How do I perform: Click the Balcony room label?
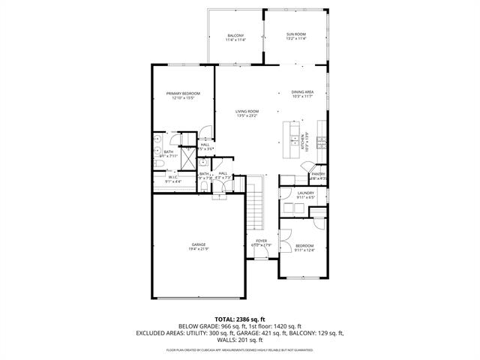[235, 36]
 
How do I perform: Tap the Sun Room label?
[296, 34]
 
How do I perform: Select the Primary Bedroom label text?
[183, 93]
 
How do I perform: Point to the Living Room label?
[247, 111]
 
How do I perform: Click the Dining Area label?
[302, 91]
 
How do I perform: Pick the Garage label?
[198, 244]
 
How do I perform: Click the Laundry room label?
[305, 193]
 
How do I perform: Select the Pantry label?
[319, 174]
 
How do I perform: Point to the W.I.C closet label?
[172, 177]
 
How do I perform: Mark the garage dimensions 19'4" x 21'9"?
[198, 249]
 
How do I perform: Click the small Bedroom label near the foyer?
[304, 246]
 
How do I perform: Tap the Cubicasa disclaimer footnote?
[240, 349]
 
